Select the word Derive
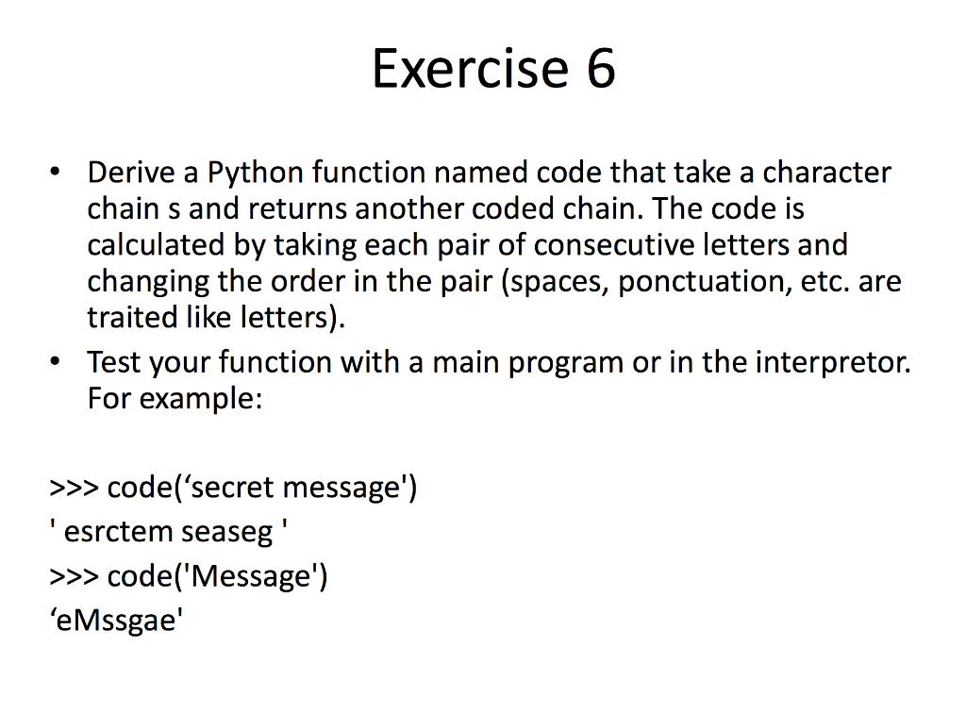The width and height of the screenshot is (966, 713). click(131, 173)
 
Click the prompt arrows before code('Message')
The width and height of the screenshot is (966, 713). click(75, 577)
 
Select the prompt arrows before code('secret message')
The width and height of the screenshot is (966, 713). click(75, 489)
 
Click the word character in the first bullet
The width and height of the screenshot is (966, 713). click(826, 173)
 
